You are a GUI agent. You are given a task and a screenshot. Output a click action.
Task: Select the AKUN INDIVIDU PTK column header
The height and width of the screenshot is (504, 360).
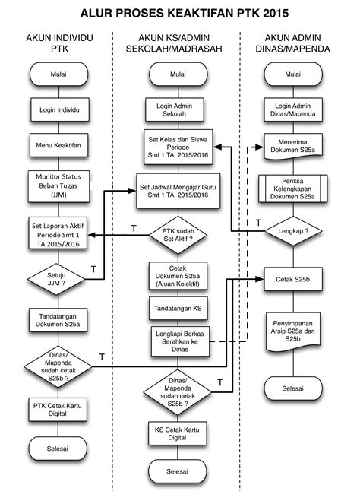click(x=59, y=43)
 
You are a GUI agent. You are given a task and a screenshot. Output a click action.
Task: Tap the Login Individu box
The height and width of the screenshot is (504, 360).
click(x=59, y=109)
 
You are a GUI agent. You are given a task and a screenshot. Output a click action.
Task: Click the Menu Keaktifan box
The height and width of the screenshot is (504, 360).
click(x=59, y=144)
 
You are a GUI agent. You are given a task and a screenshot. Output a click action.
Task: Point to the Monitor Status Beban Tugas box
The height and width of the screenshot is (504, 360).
click(x=59, y=183)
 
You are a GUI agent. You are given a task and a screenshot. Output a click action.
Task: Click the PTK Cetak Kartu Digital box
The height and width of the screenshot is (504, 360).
click(x=59, y=407)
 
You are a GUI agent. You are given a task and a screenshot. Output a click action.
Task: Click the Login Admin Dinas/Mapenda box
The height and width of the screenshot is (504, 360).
click(x=292, y=109)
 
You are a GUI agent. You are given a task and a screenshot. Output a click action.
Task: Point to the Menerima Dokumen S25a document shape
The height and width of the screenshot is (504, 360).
click(x=292, y=146)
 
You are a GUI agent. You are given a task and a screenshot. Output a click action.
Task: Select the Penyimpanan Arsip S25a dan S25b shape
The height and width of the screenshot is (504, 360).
click(x=292, y=332)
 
